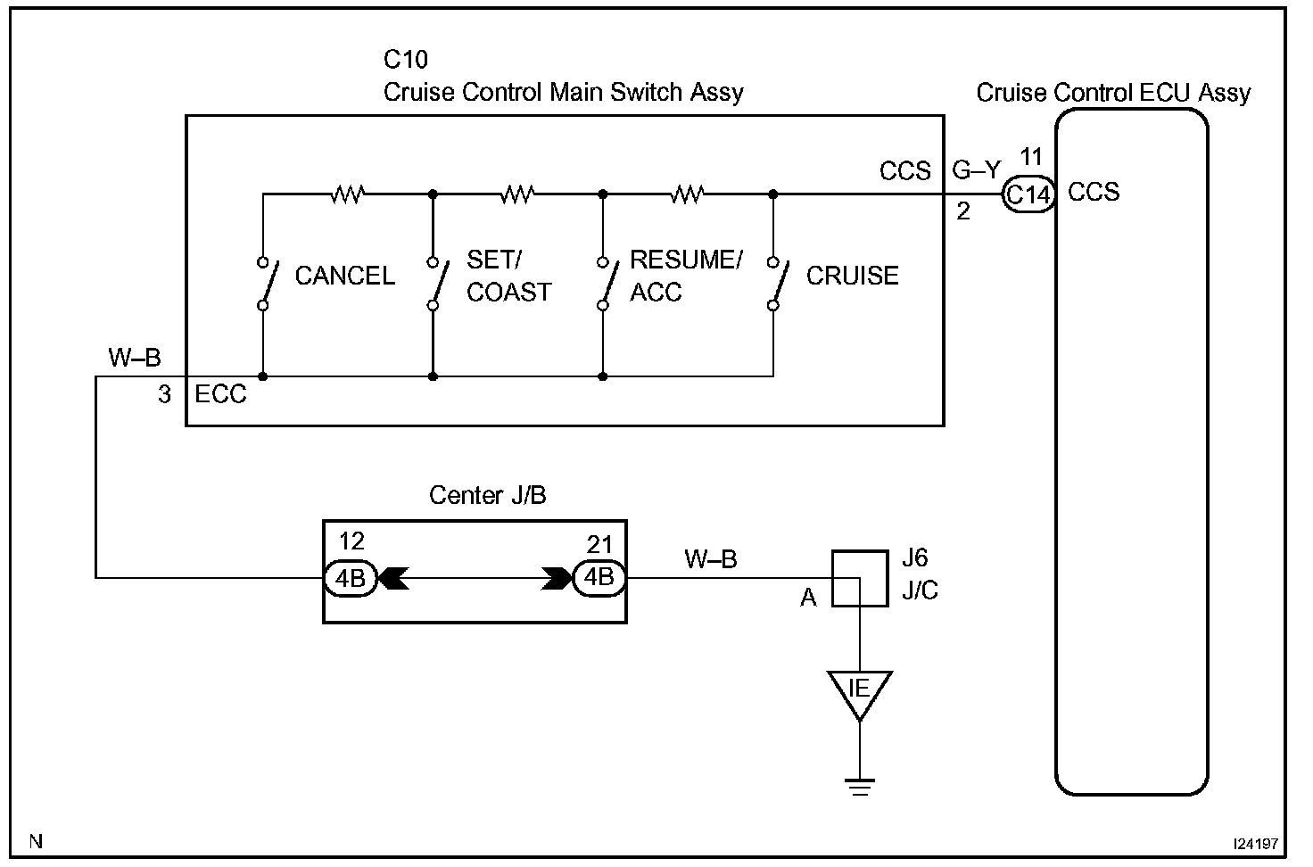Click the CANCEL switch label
click(344, 276)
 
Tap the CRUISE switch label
click(852, 276)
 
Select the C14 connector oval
click(1028, 194)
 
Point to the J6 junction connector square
click(860, 579)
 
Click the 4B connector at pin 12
click(351, 579)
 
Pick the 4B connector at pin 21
click(599, 578)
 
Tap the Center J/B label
click(488, 495)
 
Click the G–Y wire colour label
click(977, 170)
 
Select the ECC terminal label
click(220, 394)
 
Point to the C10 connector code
click(406, 59)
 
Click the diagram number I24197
click(1256, 844)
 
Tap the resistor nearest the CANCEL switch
click(348, 194)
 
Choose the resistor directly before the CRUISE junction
click(688, 194)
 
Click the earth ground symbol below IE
click(860, 787)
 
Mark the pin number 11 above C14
click(1031, 156)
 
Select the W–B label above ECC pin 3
click(134, 357)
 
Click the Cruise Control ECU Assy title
click(1113, 93)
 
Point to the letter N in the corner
click(36, 841)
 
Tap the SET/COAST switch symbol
click(437, 284)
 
